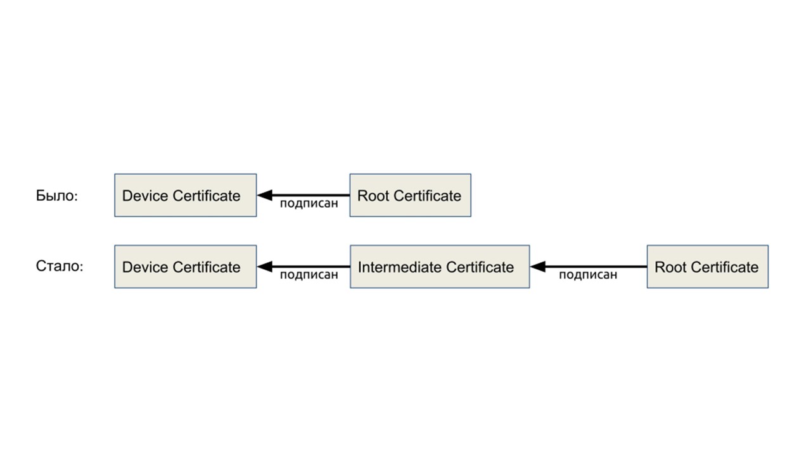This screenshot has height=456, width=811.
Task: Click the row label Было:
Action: pos(56,196)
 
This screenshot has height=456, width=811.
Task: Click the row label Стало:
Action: pos(60,266)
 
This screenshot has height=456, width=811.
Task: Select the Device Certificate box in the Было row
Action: pos(185,195)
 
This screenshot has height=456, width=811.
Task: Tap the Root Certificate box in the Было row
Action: pos(410,195)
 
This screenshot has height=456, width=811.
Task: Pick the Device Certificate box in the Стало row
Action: pos(185,267)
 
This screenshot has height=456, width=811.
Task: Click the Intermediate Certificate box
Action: pos(439,267)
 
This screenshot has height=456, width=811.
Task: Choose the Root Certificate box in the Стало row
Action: pos(707,267)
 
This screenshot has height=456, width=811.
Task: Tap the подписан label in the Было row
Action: pos(309,204)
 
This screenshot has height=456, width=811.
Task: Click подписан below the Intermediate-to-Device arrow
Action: pos(309,275)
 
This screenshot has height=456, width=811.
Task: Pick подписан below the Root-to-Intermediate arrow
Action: pos(587,275)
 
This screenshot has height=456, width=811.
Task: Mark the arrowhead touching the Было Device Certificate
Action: pos(264,195)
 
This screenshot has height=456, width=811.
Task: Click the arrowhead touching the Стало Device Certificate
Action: pos(264,267)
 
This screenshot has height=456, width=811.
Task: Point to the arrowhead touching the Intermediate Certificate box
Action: pos(538,267)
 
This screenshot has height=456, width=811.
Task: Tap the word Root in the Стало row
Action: pos(670,267)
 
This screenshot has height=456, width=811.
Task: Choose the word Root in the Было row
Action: pos(373,196)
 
